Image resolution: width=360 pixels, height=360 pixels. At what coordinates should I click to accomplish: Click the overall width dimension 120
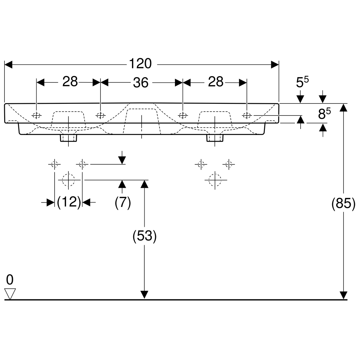click(140, 64)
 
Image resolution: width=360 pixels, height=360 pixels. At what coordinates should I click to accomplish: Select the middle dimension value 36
click(141, 82)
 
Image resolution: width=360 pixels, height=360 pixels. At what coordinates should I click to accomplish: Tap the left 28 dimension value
click(70, 82)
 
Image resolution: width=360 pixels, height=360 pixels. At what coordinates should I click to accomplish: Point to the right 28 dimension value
click(216, 82)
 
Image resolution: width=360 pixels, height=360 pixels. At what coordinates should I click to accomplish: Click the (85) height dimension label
click(343, 204)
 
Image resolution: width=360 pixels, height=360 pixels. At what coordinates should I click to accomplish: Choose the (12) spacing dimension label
click(69, 202)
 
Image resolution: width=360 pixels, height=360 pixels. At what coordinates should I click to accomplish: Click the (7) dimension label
click(123, 203)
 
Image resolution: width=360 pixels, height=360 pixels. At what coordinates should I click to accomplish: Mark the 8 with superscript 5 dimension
click(324, 114)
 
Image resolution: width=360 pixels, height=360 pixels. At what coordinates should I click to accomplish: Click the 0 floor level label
click(10, 280)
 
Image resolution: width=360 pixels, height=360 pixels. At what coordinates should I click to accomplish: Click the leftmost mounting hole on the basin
click(37, 115)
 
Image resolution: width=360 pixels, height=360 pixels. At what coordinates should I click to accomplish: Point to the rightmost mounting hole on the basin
click(247, 115)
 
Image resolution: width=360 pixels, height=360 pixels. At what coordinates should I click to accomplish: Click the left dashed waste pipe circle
click(69, 180)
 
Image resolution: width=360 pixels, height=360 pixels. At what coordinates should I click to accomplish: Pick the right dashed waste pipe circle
click(215, 180)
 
